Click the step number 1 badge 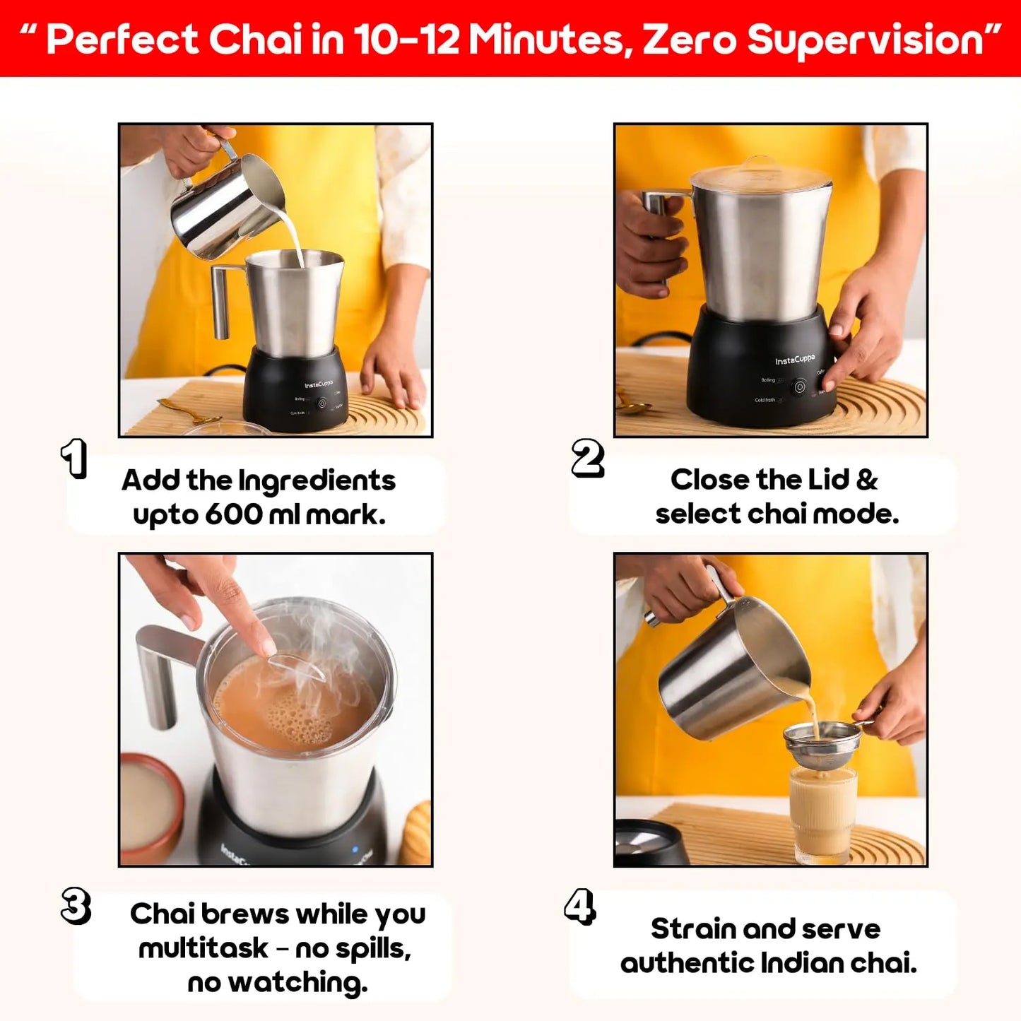click(x=74, y=459)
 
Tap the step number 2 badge click(x=588, y=459)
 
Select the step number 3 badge click(x=76, y=906)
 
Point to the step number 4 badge click(x=580, y=907)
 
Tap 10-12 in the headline click(x=406, y=40)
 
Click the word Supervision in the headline click(x=865, y=41)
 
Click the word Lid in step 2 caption click(x=827, y=480)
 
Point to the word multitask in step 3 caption click(x=203, y=948)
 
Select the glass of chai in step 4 click(x=822, y=813)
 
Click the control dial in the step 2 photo click(x=799, y=387)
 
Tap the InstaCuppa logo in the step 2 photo click(x=795, y=360)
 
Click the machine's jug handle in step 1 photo click(x=221, y=300)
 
